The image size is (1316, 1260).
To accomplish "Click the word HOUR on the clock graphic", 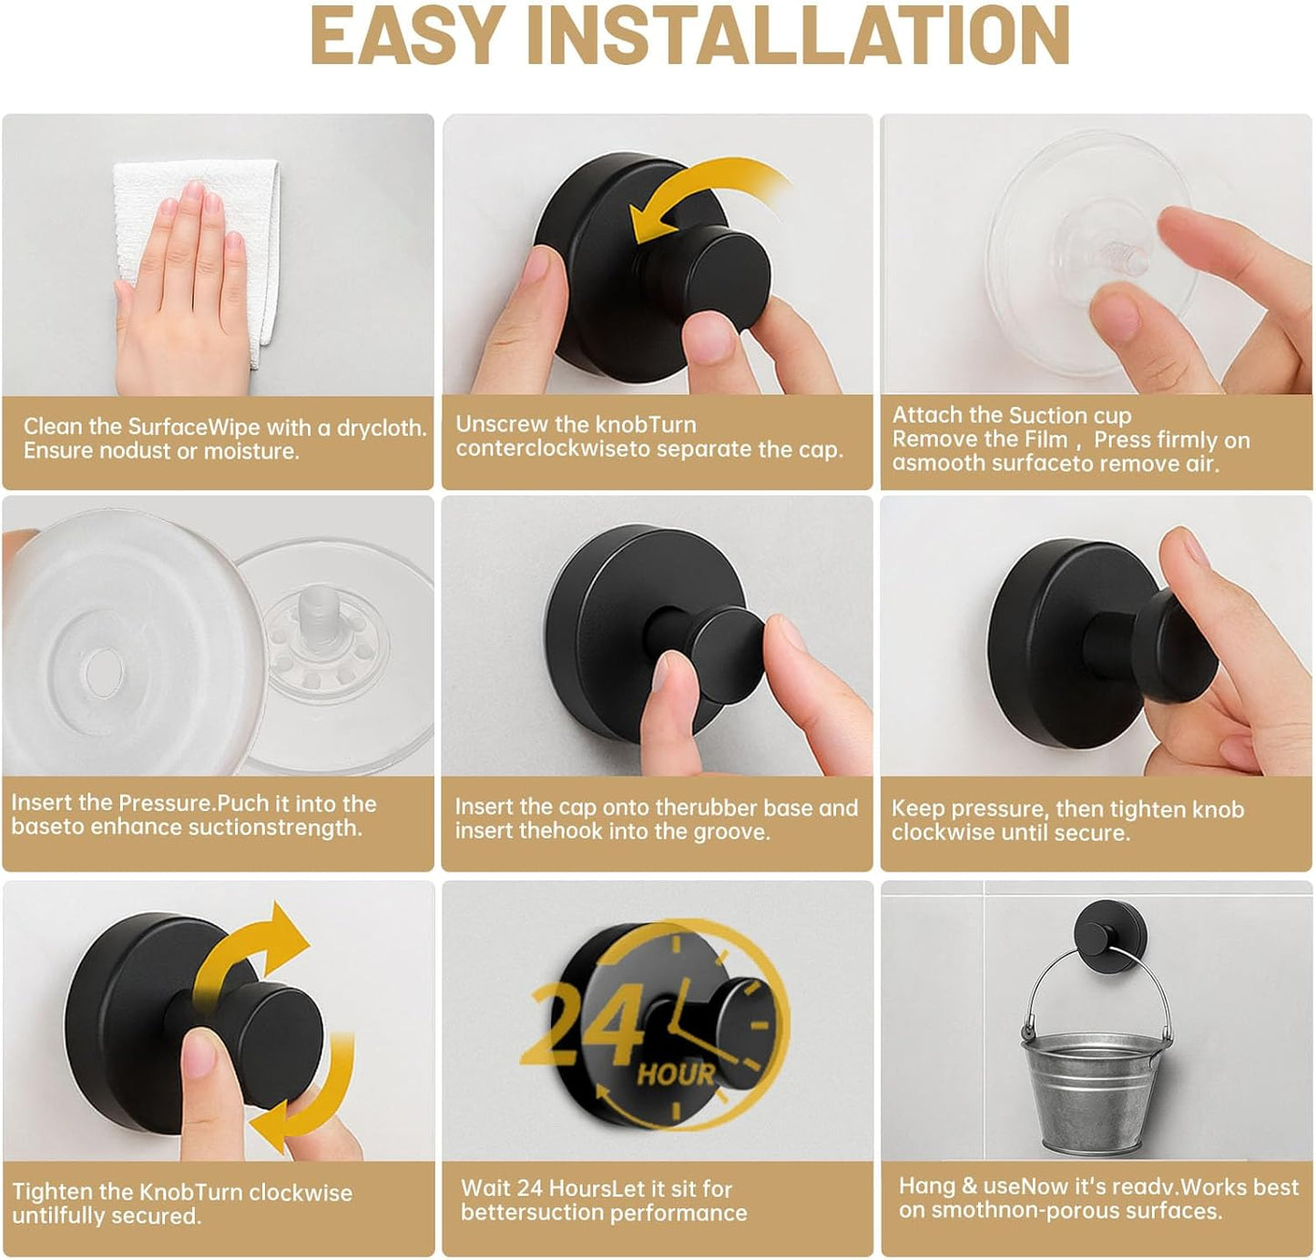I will pos(676,1074).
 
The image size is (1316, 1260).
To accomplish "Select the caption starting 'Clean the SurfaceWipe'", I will pos(224,439).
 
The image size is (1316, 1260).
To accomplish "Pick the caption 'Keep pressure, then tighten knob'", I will pos(1066,820).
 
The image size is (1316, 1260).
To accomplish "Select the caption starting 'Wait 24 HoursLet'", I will pos(603,1200).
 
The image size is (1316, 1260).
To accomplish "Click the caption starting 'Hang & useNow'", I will pos(1097,1198).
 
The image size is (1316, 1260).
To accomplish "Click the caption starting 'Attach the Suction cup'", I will pos(1070,439).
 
